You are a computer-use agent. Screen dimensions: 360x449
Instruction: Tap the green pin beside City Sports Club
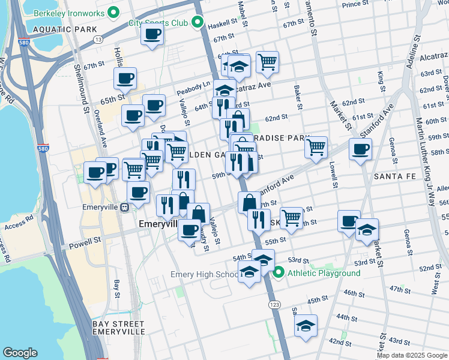click(x=197, y=23)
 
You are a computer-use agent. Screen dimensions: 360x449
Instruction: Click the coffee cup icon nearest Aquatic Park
click(x=152, y=34)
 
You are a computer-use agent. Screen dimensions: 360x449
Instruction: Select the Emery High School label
click(x=204, y=275)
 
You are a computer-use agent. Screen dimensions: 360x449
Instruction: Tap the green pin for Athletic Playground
click(x=279, y=274)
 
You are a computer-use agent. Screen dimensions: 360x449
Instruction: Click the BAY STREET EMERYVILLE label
click(x=118, y=328)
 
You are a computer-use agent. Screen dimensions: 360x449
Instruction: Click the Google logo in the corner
click(x=20, y=353)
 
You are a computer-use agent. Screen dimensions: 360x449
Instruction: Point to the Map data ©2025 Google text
click(x=412, y=355)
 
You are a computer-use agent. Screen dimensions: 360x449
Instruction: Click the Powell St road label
click(x=85, y=242)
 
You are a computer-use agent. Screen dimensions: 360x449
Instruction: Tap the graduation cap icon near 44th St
click(x=306, y=326)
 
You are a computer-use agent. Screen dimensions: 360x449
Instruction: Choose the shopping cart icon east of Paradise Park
click(x=316, y=146)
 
